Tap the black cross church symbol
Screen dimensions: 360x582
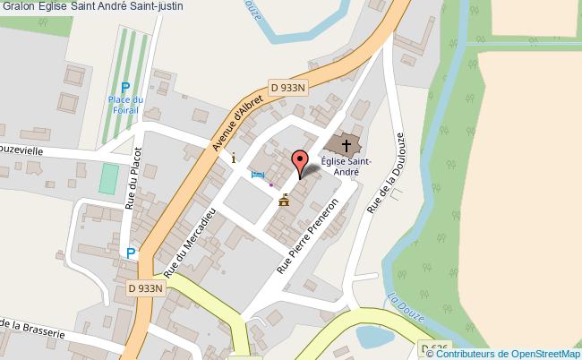(346, 143)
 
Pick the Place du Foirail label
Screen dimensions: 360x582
(125, 105)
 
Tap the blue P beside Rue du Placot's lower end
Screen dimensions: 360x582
(132, 254)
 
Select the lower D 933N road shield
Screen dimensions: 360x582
(147, 287)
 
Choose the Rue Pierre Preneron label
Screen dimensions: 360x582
(307, 236)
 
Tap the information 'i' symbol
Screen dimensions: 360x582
(235, 158)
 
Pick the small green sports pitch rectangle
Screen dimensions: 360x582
(108, 179)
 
